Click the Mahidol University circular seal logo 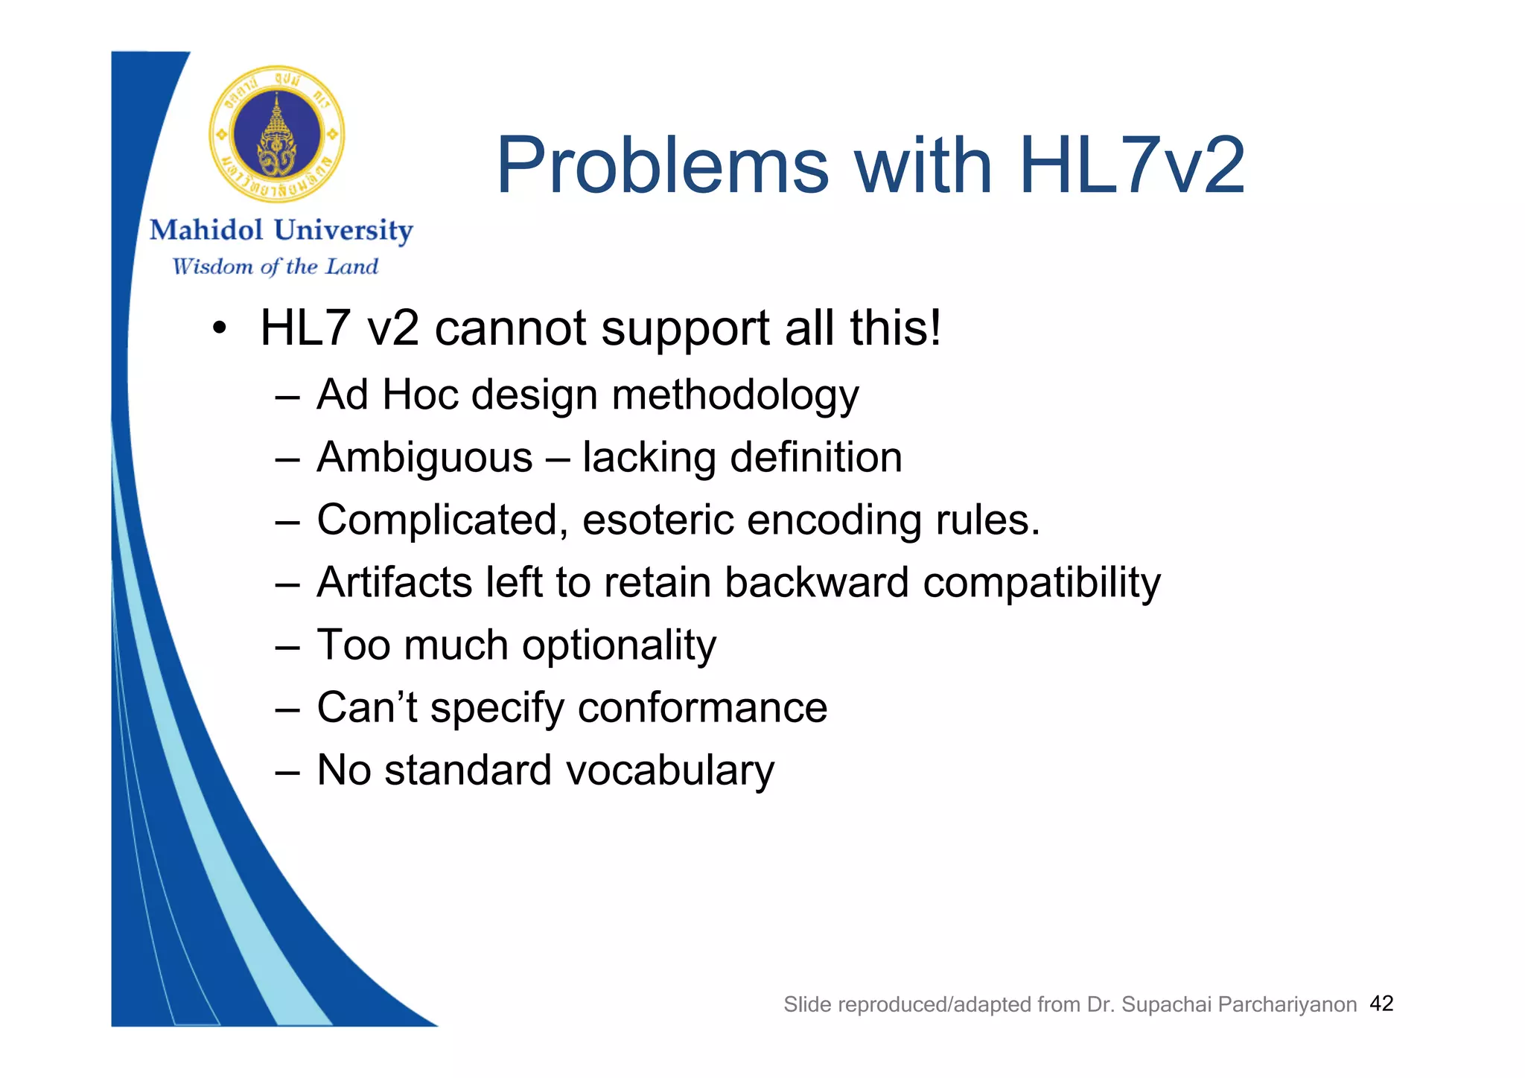click(x=277, y=135)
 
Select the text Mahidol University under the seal click(x=281, y=230)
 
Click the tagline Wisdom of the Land click(x=275, y=267)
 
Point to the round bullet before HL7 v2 click(x=218, y=329)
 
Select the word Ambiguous click(x=424, y=458)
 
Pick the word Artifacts click(x=394, y=582)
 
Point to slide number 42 click(x=1381, y=1004)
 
